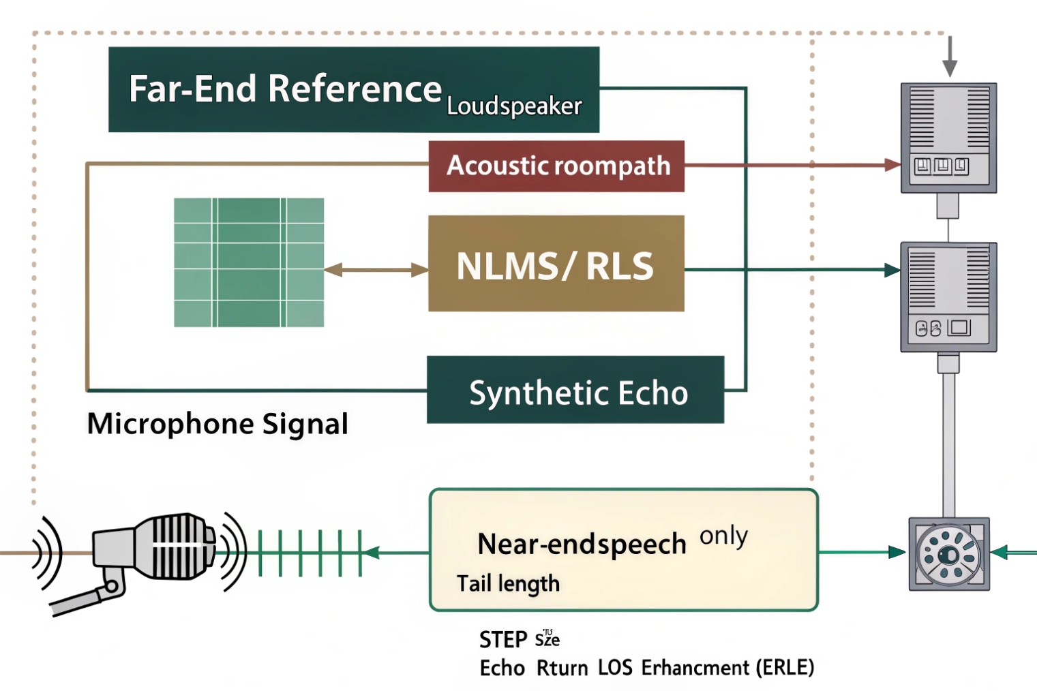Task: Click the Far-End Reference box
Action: click(x=286, y=89)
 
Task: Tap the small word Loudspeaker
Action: click(x=514, y=106)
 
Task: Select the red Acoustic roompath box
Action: click(x=556, y=166)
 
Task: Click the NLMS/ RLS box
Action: click(x=556, y=264)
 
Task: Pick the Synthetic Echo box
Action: click(x=575, y=390)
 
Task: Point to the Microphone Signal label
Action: click(x=217, y=424)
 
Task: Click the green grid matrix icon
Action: click(x=249, y=262)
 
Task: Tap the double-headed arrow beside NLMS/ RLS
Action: click(x=376, y=270)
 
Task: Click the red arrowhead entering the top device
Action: click(x=892, y=164)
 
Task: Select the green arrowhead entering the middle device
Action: click(x=892, y=270)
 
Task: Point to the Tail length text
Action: click(x=508, y=584)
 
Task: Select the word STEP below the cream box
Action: click(x=503, y=640)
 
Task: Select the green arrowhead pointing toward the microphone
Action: click(x=372, y=552)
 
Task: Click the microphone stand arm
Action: click(x=82, y=600)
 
